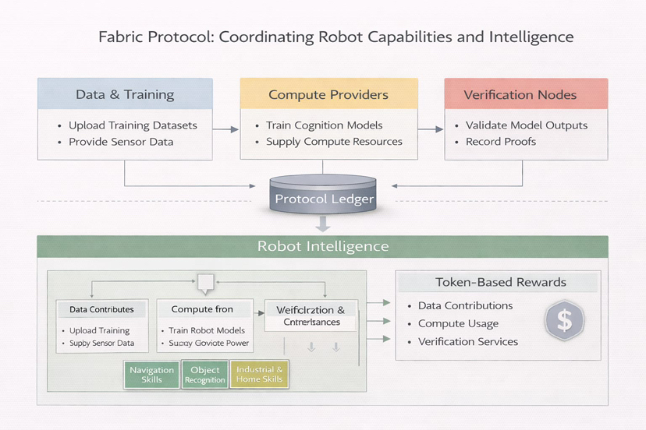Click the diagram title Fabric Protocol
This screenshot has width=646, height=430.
pyautogui.click(x=335, y=37)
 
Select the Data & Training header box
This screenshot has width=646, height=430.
pyautogui.click(x=125, y=94)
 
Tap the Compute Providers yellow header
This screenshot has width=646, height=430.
pyautogui.click(x=328, y=94)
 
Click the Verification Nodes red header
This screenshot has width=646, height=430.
pyautogui.click(x=520, y=95)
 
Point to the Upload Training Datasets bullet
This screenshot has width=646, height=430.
pyautogui.click(x=133, y=125)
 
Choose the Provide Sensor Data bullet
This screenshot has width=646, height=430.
pyautogui.click(x=121, y=142)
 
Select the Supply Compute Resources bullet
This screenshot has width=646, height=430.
pyautogui.click(x=334, y=142)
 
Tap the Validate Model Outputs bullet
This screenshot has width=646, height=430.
pyautogui.click(x=527, y=125)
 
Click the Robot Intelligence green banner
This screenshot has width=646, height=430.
pyautogui.click(x=322, y=246)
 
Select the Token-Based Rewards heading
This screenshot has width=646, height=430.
pyautogui.click(x=500, y=282)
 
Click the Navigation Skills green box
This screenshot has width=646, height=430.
pyautogui.click(x=151, y=375)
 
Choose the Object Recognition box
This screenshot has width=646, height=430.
pyautogui.click(x=205, y=375)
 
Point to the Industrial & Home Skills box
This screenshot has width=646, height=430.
pyautogui.click(x=260, y=375)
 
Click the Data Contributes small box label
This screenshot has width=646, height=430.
pyautogui.click(x=101, y=309)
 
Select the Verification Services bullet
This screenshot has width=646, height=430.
pyautogui.click(x=468, y=341)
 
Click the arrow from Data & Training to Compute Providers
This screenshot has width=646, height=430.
pyautogui.click(x=226, y=129)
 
